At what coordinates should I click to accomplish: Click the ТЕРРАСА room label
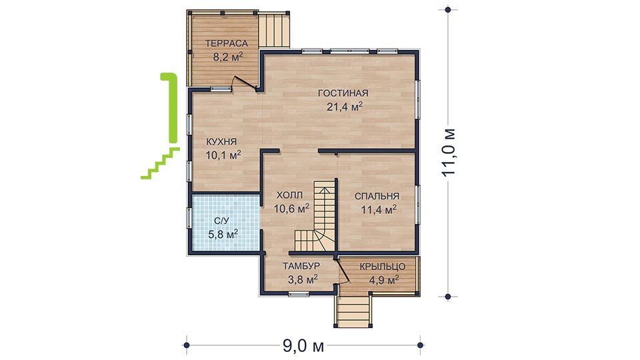[227, 43]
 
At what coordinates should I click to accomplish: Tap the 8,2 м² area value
[228, 57]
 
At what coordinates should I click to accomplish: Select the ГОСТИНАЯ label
[343, 93]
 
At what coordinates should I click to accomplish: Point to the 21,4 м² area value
[345, 107]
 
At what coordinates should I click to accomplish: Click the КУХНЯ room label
[221, 142]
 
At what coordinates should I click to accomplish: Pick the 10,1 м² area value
[223, 155]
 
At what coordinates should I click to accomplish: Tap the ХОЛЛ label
[290, 195]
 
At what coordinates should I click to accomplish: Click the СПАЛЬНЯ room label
[377, 196]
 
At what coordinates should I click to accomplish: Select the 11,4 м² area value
[379, 210]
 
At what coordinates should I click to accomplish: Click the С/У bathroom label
[222, 221]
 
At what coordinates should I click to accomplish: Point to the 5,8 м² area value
[223, 234]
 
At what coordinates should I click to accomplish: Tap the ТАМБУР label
[301, 266]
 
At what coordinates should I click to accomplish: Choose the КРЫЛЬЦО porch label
[383, 267]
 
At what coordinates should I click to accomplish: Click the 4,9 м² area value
[384, 280]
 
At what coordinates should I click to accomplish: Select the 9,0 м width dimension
[303, 346]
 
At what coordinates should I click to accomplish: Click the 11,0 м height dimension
[448, 152]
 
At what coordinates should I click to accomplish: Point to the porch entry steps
[353, 311]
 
